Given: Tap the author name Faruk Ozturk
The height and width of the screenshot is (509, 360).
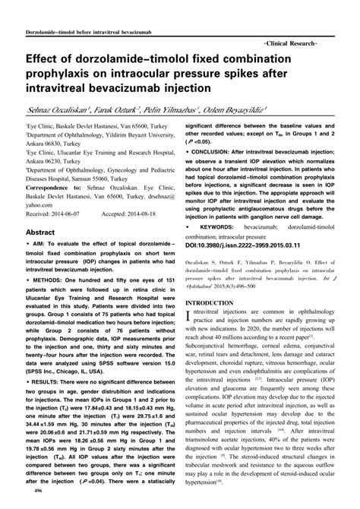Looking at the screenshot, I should tap(122, 110).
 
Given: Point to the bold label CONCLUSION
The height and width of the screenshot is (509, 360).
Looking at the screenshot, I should tap(221, 150).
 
